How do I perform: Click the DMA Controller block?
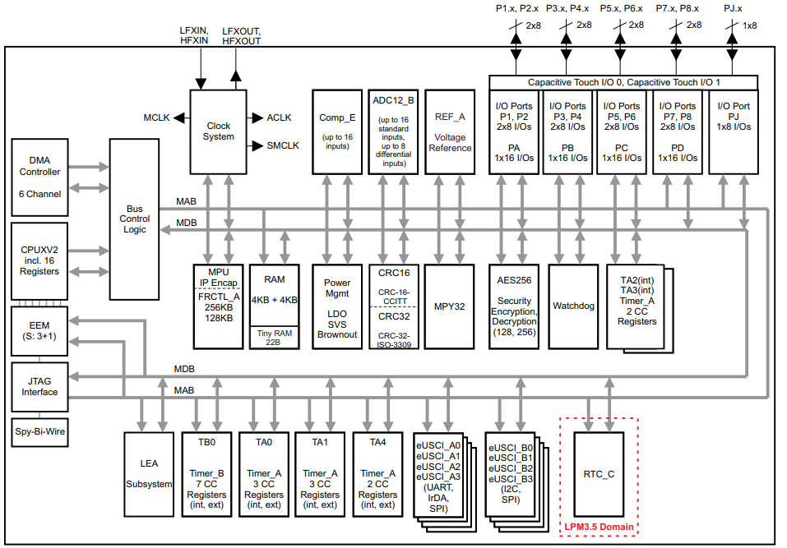click(x=39, y=176)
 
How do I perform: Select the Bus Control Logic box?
click(x=134, y=219)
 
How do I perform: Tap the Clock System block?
click(x=218, y=131)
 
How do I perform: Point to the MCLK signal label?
click(x=156, y=118)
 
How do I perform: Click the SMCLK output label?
click(x=283, y=145)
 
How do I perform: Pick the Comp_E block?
click(x=336, y=131)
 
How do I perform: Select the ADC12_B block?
click(x=393, y=131)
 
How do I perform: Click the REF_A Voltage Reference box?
click(x=450, y=131)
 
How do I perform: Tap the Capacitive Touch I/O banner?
click(x=623, y=83)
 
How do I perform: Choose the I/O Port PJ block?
click(x=734, y=131)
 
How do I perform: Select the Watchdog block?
click(x=573, y=306)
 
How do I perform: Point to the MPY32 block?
click(x=450, y=306)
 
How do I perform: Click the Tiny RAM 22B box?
click(x=275, y=337)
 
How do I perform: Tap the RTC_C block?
click(x=598, y=474)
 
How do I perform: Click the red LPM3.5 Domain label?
click(x=598, y=527)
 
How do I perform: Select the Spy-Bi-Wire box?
click(x=39, y=431)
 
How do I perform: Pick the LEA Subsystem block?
click(x=149, y=474)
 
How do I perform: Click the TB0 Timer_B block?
click(x=206, y=474)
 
